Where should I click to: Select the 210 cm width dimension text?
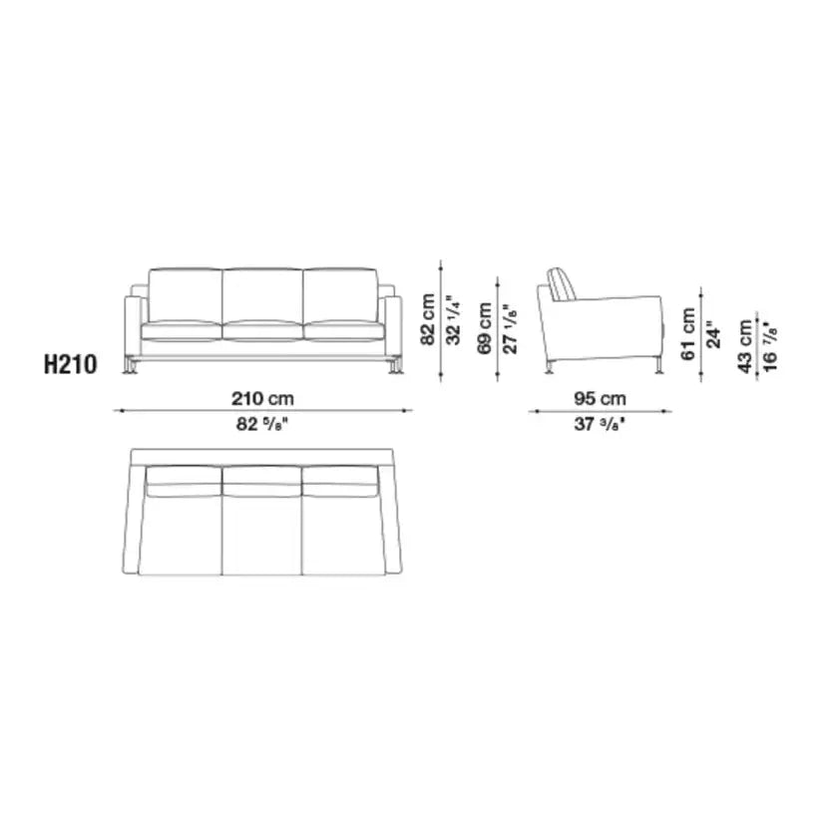click(262, 398)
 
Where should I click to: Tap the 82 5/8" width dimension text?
click(262, 423)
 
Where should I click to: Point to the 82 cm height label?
click(428, 319)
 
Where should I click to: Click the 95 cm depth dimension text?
click(600, 398)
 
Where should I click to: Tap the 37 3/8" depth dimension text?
click(600, 423)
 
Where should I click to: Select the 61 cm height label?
click(689, 334)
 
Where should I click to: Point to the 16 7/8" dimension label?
click(770, 346)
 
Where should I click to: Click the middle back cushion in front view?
click(262, 294)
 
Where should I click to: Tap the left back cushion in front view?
click(185, 294)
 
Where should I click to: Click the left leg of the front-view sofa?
click(132, 367)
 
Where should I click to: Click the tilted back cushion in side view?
click(563, 283)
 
